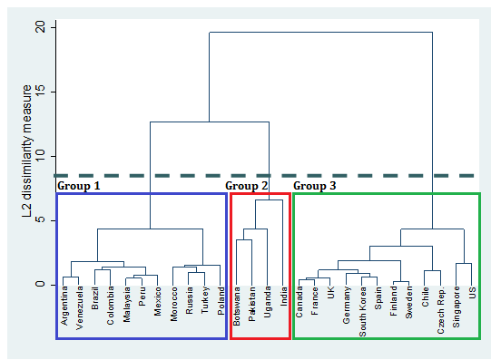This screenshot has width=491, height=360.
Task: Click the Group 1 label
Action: click(x=78, y=186)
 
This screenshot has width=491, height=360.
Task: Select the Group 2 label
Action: click(x=247, y=186)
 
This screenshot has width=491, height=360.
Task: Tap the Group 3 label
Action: click(x=315, y=186)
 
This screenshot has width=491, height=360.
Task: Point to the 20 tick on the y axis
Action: click(x=39, y=27)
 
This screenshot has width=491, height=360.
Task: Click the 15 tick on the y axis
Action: click(x=39, y=92)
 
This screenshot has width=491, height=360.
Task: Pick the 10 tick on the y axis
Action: click(x=39, y=156)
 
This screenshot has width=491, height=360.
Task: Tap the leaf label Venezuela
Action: click(x=79, y=309)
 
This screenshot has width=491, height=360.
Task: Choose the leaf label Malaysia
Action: click(x=126, y=306)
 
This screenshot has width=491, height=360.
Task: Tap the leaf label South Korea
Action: click(x=363, y=312)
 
